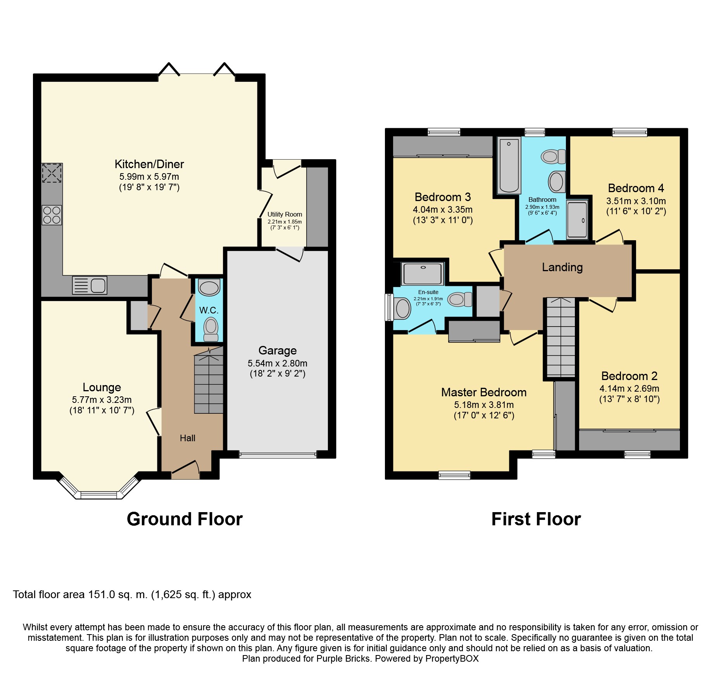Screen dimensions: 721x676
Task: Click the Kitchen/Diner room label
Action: pos(149,164)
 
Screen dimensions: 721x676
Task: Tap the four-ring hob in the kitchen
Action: pos(52,215)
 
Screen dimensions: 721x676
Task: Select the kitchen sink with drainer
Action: pos(90,286)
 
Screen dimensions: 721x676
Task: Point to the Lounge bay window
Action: pos(98,487)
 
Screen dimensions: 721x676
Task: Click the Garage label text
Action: pos(278,351)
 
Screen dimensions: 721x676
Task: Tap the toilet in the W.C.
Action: pos(211,329)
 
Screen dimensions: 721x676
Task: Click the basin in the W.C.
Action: pos(209,287)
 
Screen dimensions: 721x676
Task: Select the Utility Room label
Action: pos(285,214)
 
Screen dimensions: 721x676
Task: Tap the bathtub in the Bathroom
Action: pos(509,166)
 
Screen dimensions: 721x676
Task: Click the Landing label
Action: pos(562,267)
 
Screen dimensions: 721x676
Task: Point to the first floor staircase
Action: pos(561,337)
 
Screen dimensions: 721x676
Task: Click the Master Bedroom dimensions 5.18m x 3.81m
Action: pos(484,405)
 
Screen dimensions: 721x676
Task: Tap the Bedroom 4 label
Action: pos(636,188)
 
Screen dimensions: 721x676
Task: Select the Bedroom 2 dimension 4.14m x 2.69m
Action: pos(629,389)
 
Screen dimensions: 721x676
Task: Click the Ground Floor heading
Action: pos(185,519)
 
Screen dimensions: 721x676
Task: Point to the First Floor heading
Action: pos(536,519)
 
